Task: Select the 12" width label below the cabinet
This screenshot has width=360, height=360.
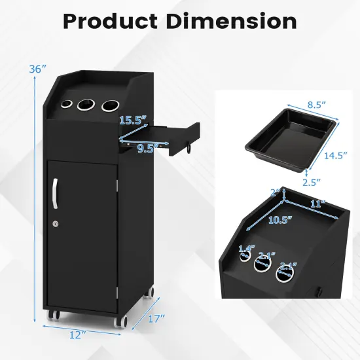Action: [x=77, y=334]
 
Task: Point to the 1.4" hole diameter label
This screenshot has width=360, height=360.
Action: [x=246, y=249]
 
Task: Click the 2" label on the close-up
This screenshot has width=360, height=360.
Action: [x=276, y=193]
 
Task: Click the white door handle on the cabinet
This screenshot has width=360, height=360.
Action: [x=54, y=193]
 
